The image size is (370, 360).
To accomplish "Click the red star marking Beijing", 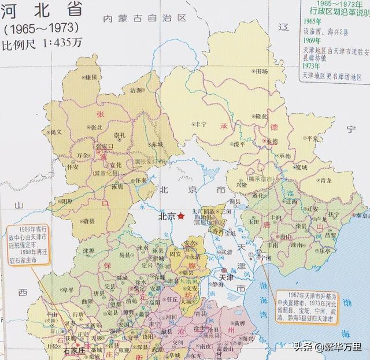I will click(182, 216).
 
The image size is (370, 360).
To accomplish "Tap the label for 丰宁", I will click(200, 124).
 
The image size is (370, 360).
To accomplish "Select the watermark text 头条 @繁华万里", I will click(326, 347).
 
